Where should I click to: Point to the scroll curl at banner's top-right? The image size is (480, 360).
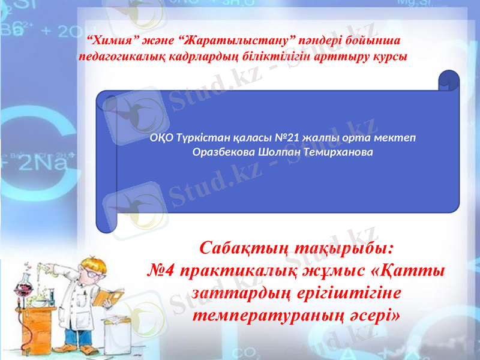[449, 80]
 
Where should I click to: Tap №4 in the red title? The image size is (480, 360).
[161, 271]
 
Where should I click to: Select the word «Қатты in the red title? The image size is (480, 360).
[408, 271]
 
